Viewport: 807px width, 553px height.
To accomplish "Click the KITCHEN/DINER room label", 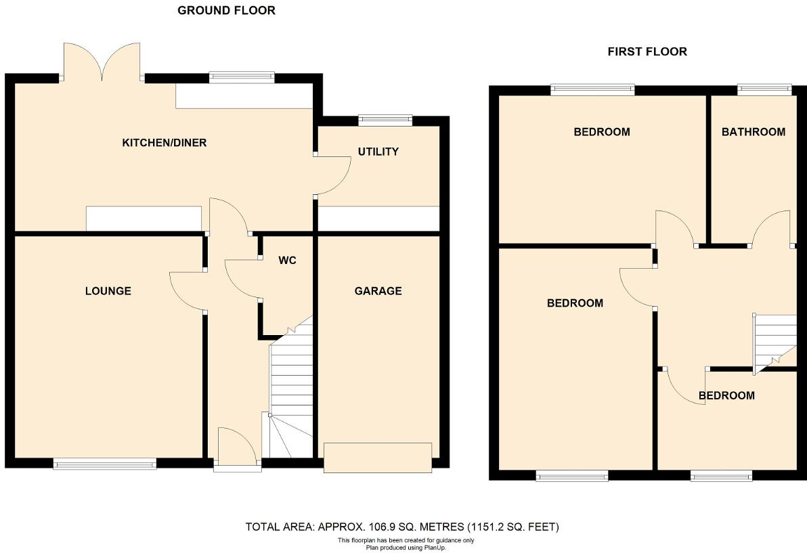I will point(164,143).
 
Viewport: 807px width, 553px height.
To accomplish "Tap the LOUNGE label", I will point(108,291).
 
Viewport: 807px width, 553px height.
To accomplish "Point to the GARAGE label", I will point(378,291).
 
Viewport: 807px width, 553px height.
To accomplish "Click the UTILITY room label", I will point(378,152).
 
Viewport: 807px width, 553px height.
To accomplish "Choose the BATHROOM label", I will point(753,132).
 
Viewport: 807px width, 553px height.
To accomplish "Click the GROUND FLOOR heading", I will point(226,10).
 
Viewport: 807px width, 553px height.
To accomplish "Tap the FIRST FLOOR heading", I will point(647,51).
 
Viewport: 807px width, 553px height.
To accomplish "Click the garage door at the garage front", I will point(378,457).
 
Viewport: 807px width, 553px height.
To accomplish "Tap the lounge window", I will point(105,464).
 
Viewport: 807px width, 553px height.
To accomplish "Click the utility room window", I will point(385,120).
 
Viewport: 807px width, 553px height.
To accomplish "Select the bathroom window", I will point(764,87).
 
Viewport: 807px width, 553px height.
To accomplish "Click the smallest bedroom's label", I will point(726,395).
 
